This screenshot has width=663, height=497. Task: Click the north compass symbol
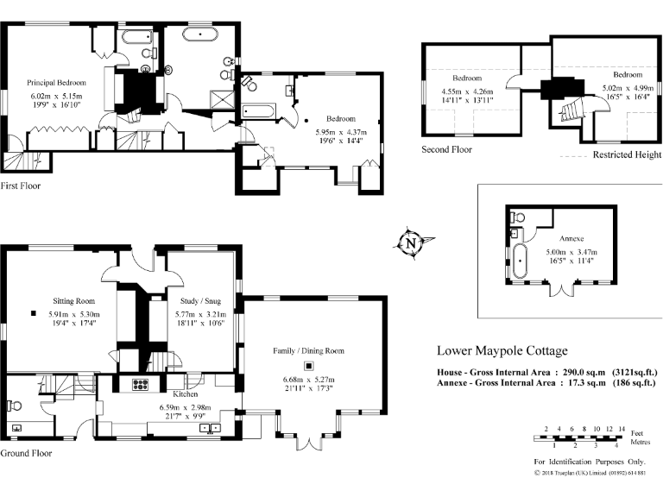(x=411, y=243)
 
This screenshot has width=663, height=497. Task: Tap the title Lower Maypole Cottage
(x=502, y=351)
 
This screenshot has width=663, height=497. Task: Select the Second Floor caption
(x=447, y=149)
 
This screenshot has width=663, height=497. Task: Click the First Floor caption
(x=21, y=186)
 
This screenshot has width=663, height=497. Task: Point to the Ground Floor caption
(x=26, y=453)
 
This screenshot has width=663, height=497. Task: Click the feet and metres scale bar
(x=579, y=438)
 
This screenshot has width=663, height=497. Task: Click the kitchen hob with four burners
(x=140, y=385)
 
